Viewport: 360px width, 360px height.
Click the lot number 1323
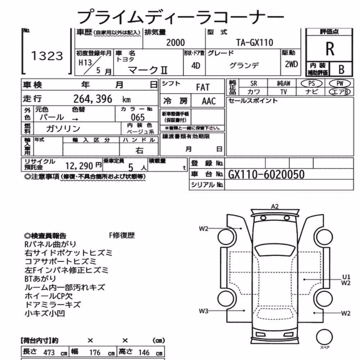47,56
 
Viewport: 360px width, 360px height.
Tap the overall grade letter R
330,49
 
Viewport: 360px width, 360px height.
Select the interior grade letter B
341,69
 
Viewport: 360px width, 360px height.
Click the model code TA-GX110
255,42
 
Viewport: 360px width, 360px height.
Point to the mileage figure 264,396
93,99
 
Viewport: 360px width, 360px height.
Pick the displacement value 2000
175,43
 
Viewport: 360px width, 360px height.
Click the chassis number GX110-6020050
266,175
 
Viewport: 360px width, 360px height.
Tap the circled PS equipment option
311,84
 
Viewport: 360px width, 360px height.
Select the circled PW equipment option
339,84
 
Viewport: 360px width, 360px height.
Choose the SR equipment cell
254,84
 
